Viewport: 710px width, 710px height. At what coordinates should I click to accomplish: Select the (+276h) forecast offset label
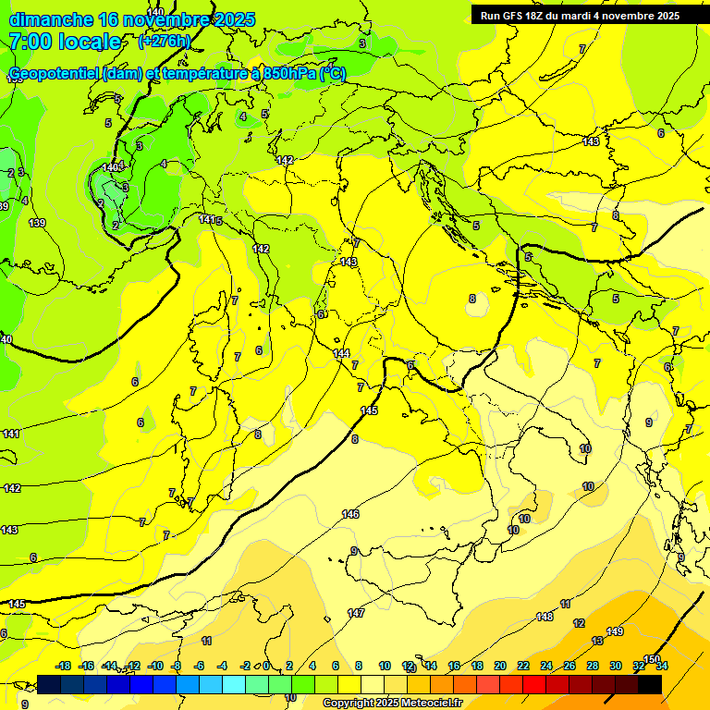coord(165,41)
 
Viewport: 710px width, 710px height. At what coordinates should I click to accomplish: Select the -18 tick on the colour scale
coord(63,666)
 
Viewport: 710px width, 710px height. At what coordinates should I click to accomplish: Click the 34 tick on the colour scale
coord(661,666)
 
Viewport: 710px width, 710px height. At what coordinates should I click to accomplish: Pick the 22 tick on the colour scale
coord(523,666)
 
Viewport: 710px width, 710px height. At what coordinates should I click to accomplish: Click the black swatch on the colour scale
coord(649,684)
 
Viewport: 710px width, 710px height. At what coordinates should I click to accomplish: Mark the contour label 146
coord(350,514)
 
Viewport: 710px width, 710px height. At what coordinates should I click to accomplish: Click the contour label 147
coord(356,613)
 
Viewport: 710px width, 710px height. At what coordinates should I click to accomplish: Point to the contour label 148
coord(545,617)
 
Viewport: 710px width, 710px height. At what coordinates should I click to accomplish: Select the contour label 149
coord(615,631)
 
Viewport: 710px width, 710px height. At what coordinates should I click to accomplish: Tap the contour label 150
coord(652,659)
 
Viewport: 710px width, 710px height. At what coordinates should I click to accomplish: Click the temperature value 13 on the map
coord(597,640)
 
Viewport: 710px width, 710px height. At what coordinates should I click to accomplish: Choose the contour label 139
coord(37,223)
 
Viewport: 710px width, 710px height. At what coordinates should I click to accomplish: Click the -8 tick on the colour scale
coord(176,666)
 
